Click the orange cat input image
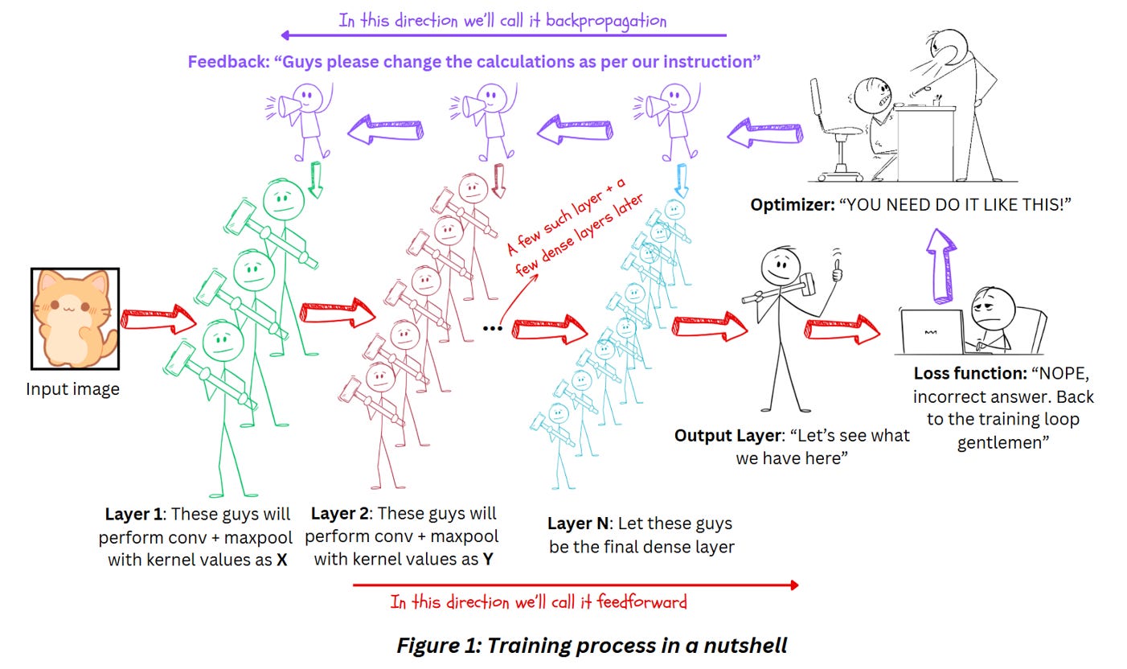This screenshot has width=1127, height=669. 75,318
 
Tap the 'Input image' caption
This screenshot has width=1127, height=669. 73,389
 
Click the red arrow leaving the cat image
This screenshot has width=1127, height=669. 158,318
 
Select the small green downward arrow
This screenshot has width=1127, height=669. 315,179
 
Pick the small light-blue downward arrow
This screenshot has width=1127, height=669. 681,181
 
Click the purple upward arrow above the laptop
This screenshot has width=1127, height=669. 941,266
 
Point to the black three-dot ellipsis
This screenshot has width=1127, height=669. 493,329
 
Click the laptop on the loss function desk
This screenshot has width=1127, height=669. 932,331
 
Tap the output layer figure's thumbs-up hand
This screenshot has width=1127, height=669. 836,270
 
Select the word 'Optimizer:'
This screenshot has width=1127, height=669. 793,205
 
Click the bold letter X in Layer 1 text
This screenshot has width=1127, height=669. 281,560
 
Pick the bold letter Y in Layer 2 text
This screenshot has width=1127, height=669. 487,560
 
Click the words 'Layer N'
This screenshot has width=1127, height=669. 578,523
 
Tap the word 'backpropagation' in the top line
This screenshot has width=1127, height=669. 606,22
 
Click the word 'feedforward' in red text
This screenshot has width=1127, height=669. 642,602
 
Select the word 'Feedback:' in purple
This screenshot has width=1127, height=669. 229,62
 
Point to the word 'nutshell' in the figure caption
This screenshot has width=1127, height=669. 745,646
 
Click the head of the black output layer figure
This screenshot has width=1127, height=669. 781,267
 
